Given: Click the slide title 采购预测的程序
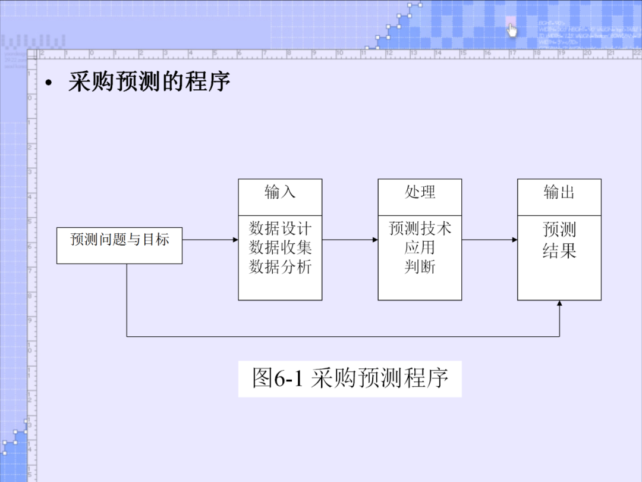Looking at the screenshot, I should click(149, 82).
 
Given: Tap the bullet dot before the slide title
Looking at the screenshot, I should click(49, 84).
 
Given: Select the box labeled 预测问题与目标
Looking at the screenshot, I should click(119, 245).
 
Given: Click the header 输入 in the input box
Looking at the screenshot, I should click(280, 192).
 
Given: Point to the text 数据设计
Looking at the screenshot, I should click(280, 228).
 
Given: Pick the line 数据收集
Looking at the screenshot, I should click(280, 247).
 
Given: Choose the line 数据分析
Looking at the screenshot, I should click(280, 267).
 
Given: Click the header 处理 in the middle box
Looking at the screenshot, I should click(420, 192).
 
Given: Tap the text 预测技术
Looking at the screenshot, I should click(420, 228).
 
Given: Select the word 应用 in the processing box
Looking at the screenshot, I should click(420, 247).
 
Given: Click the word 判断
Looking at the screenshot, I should click(420, 267).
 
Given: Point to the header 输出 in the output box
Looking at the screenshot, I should click(559, 192).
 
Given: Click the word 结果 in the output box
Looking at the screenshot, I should click(559, 251).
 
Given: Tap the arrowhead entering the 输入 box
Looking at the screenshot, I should click(235, 240).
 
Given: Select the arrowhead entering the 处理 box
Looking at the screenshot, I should click(374, 240).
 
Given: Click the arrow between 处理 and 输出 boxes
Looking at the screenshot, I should click(489, 240).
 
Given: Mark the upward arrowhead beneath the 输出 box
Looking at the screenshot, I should click(559, 303).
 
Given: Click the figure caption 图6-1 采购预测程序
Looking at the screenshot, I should click(350, 378).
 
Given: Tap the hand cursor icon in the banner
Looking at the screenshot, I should click(512, 30).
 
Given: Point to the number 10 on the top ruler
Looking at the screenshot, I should click(339, 54).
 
